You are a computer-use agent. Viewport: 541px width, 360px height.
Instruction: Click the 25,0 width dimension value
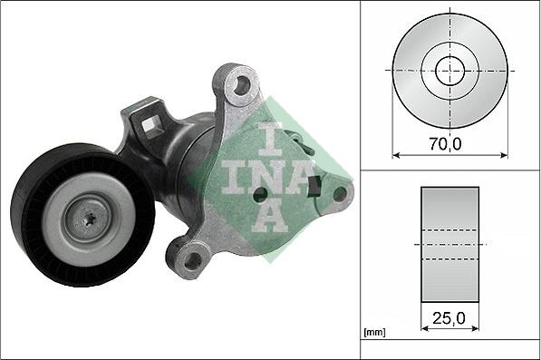click(x=450, y=318)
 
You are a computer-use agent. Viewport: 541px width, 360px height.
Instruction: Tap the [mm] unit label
click(x=372, y=334)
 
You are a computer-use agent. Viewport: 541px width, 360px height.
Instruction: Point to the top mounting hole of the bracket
click(x=240, y=86)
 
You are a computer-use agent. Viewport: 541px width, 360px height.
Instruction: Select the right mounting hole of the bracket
click(x=340, y=192)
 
